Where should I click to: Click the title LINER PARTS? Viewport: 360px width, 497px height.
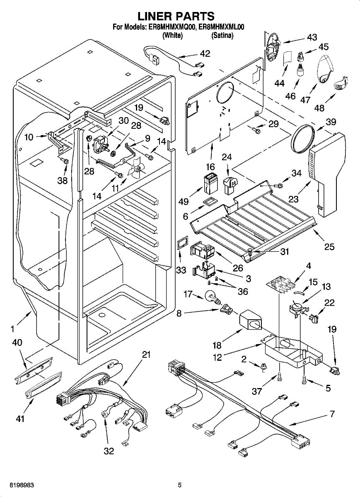point(176,16)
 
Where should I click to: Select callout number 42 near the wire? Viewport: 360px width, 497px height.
point(205,54)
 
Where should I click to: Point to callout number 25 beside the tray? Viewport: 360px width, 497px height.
point(329,246)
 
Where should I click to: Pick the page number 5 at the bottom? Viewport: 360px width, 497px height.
point(180,485)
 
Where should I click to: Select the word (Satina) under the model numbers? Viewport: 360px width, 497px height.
point(222,36)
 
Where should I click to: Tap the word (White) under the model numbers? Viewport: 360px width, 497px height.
point(172,36)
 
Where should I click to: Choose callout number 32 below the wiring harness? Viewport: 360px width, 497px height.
point(109,451)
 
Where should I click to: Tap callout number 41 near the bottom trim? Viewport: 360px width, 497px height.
point(20,419)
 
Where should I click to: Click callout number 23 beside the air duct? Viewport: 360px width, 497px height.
point(294,199)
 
